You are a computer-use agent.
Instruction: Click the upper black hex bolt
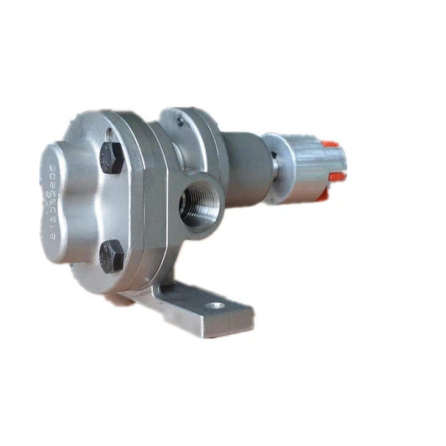[x=112, y=158]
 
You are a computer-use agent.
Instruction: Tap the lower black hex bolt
[x=112, y=255]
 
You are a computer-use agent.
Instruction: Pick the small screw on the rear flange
[x=180, y=122]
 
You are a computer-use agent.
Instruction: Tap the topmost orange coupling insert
[x=330, y=145]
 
